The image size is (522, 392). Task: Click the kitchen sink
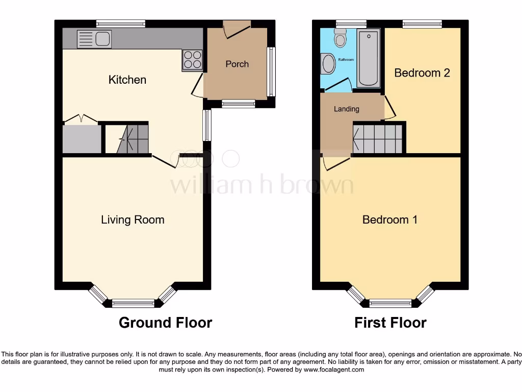(94, 39)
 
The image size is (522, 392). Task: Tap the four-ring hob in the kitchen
(192, 60)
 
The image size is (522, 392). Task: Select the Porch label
(237, 64)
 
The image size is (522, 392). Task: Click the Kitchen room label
(127, 80)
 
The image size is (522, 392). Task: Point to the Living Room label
(133, 219)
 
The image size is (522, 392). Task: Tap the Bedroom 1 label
(390, 219)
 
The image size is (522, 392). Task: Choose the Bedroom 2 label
(422, 72)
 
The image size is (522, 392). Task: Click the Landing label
(346, 109)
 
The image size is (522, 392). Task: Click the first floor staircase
(377, 138)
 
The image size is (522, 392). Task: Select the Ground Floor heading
(165, 323)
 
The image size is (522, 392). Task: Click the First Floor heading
(390, 323)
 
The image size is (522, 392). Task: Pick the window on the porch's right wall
(272, 71)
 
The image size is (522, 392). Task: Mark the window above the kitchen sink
(121, 23)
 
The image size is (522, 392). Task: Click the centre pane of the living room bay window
(133, 303)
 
